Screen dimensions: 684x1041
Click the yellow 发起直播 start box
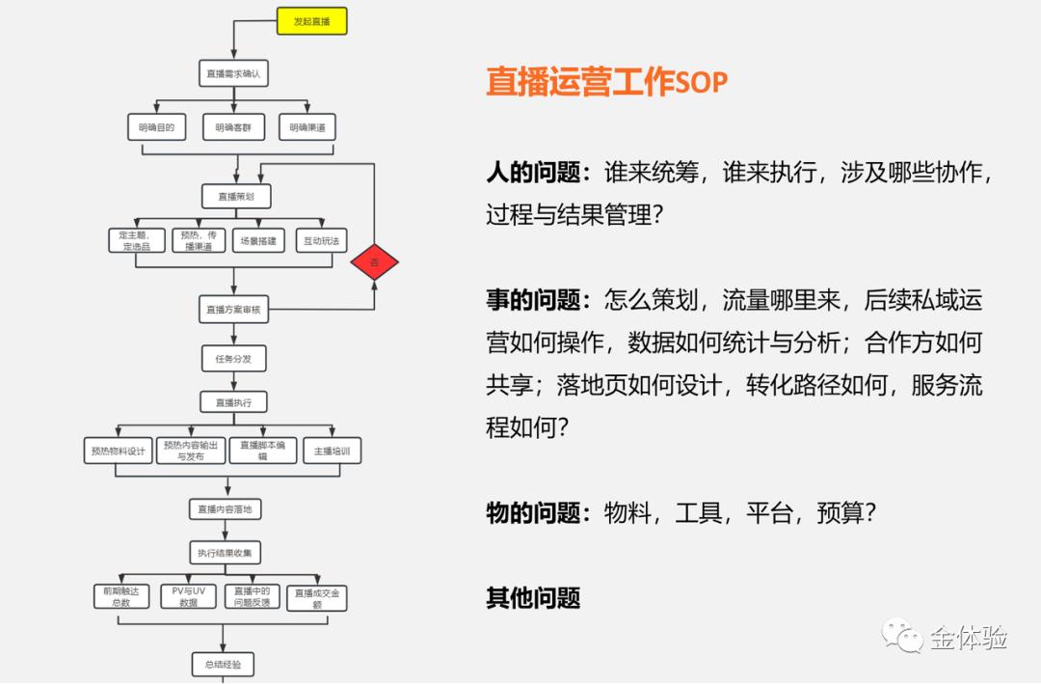(x=311, y=21)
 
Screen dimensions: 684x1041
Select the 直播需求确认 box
(x=233, y=73)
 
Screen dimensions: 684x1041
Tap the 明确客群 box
(x=233, y=127)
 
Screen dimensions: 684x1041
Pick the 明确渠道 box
(x=307, y=127)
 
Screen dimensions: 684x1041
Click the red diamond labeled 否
(x=374, y=262)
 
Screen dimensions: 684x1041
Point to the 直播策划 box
(x=236, y=196)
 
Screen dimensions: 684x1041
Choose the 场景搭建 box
(x=258, y=240)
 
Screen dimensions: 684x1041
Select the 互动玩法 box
(x=321, y=240)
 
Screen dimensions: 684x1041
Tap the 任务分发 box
(x=233, y=359)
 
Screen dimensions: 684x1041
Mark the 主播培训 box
(x=332, y=451)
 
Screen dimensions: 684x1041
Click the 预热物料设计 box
(x=119, y=451)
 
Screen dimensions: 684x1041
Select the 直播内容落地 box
(x=225, y=508)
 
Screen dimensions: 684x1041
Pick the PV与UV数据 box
(x=188, y=596)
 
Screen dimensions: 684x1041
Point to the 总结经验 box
(x=223, y=664)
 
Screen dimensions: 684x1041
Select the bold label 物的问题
(x=538, y=512)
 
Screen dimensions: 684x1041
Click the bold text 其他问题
(x=533, y=598)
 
